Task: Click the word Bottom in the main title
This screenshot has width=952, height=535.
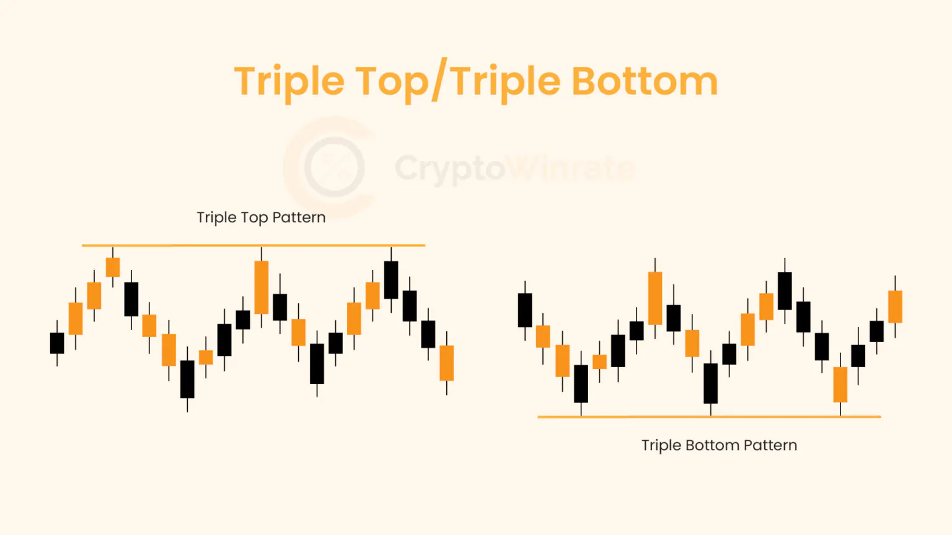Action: point(645,81)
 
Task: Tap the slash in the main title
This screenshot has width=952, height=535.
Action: point(439,82)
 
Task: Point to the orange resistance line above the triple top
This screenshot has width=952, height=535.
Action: point(186,246)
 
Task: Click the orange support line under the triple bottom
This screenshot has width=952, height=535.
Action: point(651,417)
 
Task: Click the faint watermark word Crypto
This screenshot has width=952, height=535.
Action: point(450,168)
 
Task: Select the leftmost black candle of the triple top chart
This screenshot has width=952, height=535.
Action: point(57,343)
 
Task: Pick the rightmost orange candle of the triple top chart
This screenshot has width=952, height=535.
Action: point(446,363)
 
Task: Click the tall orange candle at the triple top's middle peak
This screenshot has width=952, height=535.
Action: point(262,287)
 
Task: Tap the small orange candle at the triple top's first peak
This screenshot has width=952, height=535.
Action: point(113,267)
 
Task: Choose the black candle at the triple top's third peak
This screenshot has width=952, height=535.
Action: point(391,280)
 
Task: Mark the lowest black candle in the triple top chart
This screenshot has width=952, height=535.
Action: point(187,379)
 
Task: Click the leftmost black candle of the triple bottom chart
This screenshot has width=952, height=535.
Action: point(525,310)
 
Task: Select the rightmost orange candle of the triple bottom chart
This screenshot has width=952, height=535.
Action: point(895,307)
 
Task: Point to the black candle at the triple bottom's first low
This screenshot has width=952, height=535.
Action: point(581,384)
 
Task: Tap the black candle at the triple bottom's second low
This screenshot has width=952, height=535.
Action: point(710,383)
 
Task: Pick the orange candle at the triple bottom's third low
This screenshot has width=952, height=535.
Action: point(840,385)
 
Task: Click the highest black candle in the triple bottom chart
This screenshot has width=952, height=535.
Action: point(785,291)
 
